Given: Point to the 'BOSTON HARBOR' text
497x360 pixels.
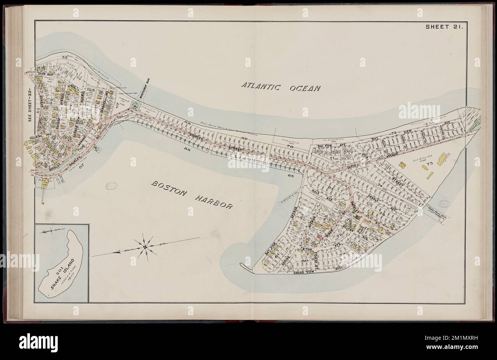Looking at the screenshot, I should coord(192,195).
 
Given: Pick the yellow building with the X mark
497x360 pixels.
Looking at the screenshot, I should coord(402,164).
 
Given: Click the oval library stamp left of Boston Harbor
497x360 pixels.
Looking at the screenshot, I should coord(112,186).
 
